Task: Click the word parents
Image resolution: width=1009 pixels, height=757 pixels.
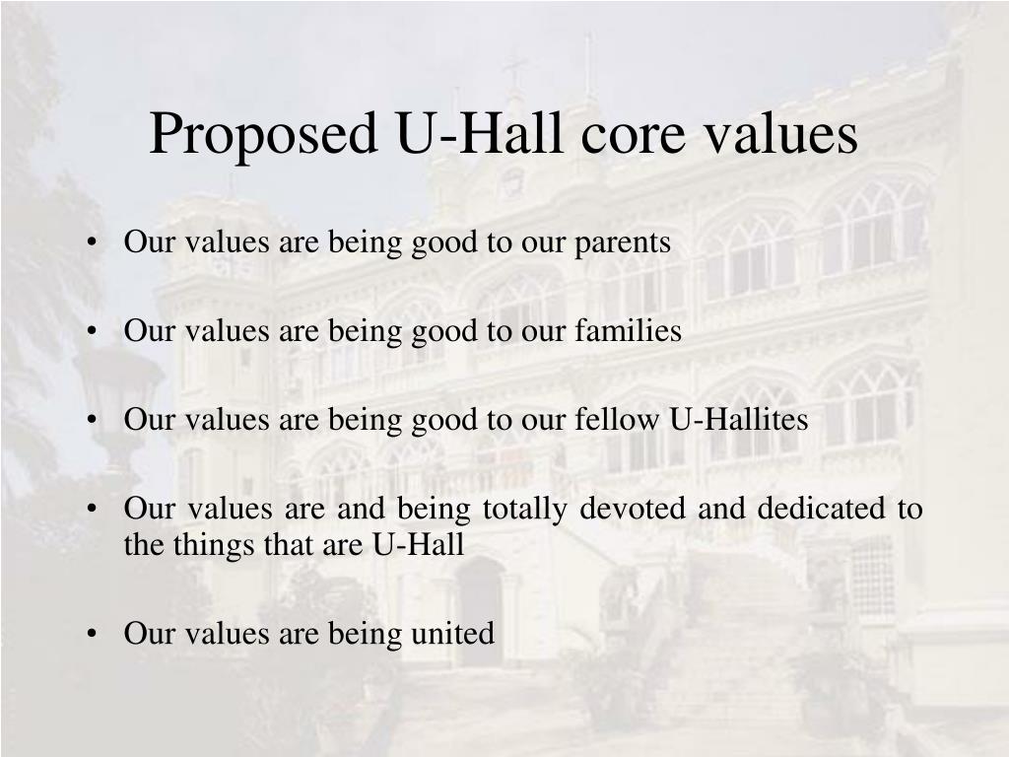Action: click(x=624, y=243)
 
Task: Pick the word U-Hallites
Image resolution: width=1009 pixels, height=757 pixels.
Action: click(x=739, y=420)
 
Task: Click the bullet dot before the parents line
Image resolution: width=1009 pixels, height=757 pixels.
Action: click(x=92, y=243)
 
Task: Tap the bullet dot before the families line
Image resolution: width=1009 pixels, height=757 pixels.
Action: click(x=92, y=332)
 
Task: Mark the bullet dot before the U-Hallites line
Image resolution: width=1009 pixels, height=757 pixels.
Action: click(x=92, y=421)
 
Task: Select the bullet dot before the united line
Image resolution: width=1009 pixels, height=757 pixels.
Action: click(x=92, y=634)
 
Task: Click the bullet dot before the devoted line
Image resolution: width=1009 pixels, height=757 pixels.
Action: click(x=92, y=510)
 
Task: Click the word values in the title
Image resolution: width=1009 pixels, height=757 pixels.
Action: click(x=784, y=135)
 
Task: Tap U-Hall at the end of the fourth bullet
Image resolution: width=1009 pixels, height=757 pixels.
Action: click(x=418, y=544)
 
